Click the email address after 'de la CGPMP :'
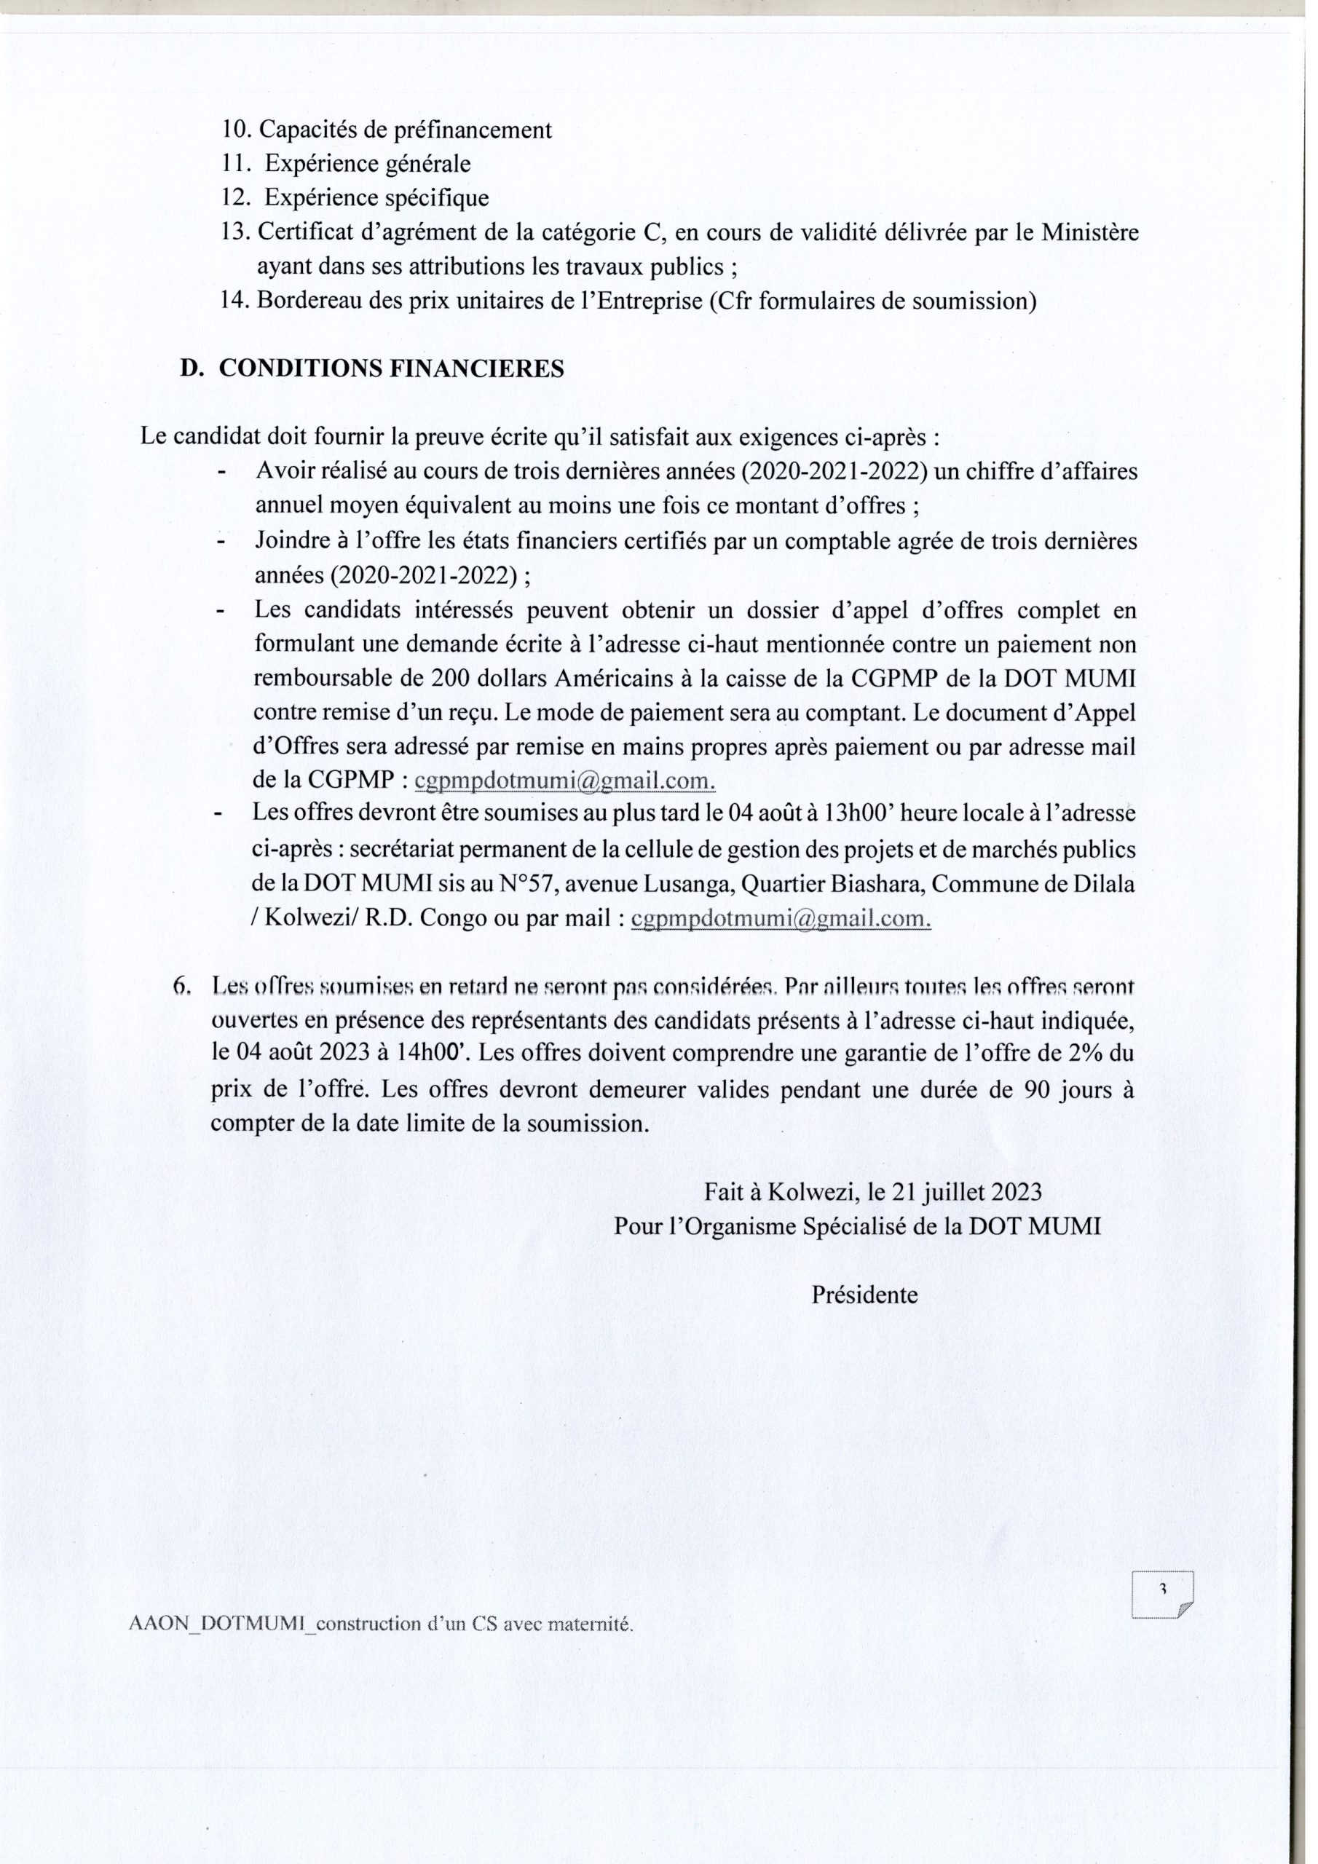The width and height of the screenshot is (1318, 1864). [565, 781]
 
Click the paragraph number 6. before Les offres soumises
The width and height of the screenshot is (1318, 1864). [183, 987]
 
